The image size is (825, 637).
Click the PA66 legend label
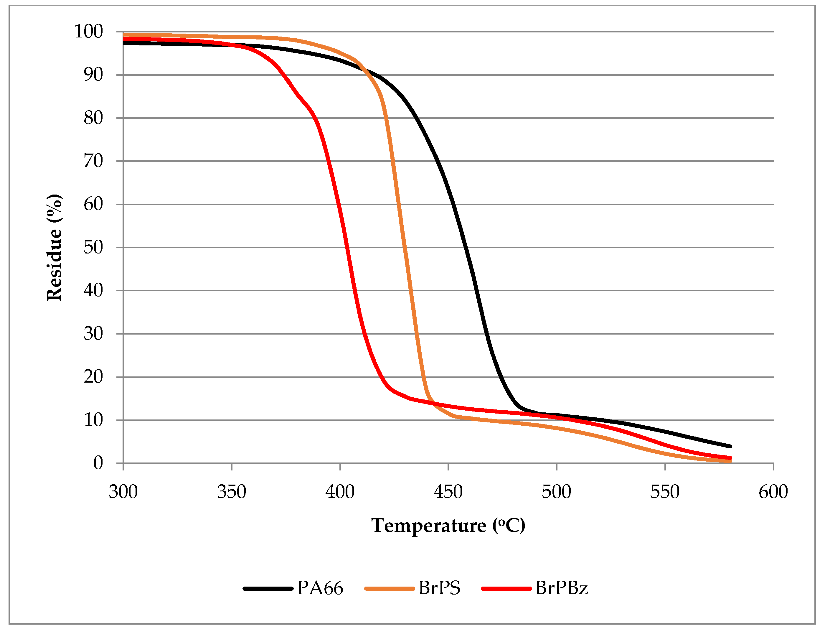coord(320,588)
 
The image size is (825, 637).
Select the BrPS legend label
coord(439,588)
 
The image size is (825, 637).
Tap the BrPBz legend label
coord(561,588)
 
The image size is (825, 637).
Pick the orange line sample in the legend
coord(390,589)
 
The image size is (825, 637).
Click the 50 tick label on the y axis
coord(93,248)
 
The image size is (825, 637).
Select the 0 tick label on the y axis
coord(98,463)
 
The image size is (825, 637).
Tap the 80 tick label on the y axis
coord(93,118)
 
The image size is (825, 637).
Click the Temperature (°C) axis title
coord(448,526)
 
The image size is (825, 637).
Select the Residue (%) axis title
coord(54,248)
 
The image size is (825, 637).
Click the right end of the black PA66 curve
coord(730,446)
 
